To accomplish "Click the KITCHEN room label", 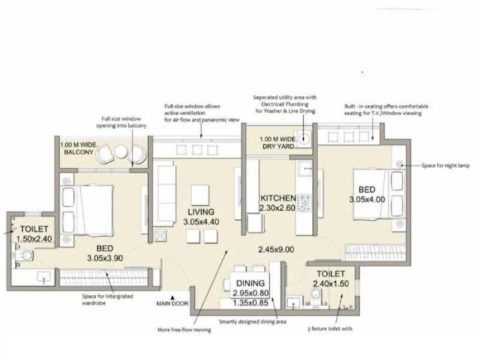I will (278, 198).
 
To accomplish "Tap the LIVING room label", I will (201, 212).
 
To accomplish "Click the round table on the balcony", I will (121, 152).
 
